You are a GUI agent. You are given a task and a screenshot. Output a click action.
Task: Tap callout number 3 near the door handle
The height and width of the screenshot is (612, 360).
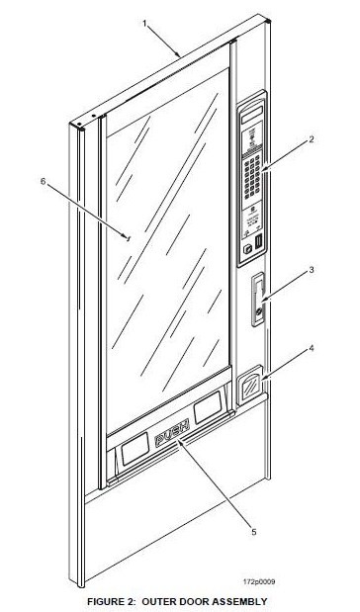tap(311, 269)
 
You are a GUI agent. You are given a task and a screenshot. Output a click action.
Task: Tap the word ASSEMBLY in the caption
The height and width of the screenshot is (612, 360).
tap(236, 600)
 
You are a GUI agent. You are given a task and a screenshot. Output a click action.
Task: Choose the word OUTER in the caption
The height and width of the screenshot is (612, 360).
tap(160, 600)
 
